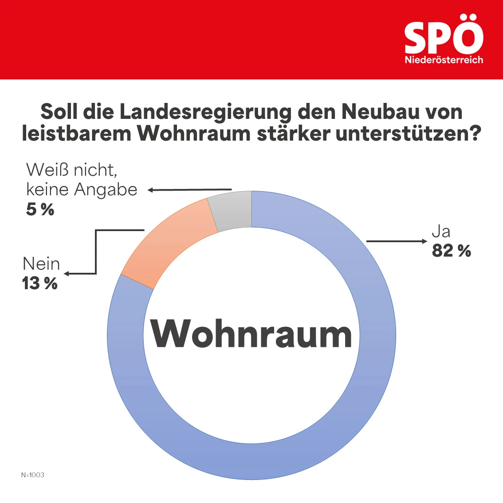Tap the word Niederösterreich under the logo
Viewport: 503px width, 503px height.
444,60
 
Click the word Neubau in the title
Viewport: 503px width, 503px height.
381,112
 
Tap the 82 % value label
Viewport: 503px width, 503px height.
451,251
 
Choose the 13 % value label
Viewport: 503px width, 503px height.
40,283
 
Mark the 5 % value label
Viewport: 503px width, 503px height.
40,209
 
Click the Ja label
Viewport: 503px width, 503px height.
441,232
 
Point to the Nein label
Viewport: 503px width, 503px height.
41,264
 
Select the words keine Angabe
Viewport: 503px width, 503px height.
82,190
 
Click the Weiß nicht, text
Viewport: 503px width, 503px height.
72,170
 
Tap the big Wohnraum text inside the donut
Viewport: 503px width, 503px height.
251,334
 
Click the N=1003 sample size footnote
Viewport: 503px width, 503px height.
33,475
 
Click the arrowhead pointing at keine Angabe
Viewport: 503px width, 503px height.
151,190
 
